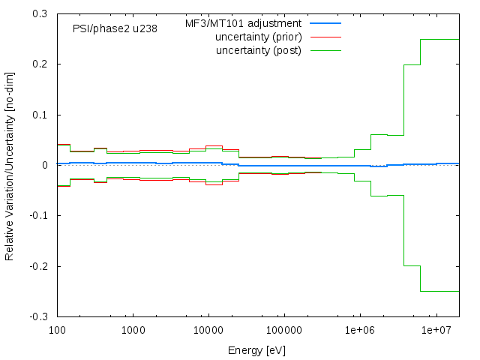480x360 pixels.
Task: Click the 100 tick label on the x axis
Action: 57,330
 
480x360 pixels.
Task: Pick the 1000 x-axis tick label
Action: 133,330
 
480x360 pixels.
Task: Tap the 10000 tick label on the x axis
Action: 208,330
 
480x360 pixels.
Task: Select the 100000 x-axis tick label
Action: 283,330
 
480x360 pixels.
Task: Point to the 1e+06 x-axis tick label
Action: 359,330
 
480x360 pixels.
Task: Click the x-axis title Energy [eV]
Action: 257,350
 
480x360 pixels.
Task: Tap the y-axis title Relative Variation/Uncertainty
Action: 10,165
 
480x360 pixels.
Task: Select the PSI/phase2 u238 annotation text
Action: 115,30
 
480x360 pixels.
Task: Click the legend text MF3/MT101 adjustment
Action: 243,24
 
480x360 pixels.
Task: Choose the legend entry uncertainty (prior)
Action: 258,37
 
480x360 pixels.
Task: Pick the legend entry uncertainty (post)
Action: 258,50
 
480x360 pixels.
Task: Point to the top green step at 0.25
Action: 439,39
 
